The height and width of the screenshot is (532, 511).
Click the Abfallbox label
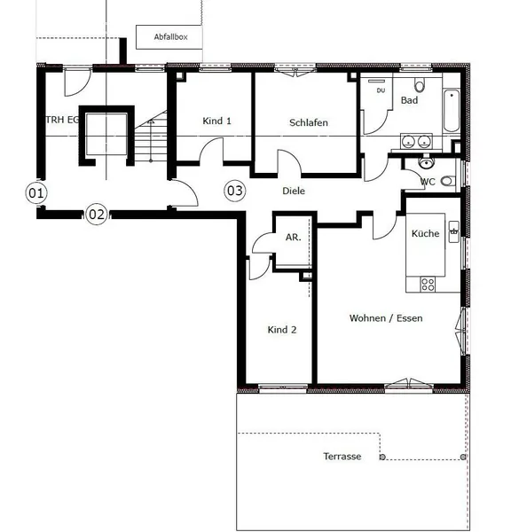click(171, 36)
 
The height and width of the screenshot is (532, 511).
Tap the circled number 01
click(36, 192)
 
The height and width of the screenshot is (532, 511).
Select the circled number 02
click(97, 214)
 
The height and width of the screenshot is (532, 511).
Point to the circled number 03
click(234, 191)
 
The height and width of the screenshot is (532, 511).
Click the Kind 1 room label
click(216, 121)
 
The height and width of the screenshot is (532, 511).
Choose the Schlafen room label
click(309, 122)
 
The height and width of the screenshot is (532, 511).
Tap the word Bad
click(409, 100)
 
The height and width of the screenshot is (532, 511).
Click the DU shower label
click(381, 90)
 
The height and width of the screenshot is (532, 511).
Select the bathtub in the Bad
click(452, 111)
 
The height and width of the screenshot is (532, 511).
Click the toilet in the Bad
click(420, 85)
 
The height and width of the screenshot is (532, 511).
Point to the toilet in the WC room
click(448, 181)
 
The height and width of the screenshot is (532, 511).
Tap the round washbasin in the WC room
click(426, 163)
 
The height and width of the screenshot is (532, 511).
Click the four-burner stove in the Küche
click(428, 284)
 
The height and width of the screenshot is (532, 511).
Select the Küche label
click(425, 233)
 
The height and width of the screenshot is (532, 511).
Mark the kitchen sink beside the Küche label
click(454, 231)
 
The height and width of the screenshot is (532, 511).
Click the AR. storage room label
click(294, 237)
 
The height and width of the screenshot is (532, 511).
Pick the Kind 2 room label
click(282, 330)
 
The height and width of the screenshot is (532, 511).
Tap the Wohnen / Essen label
click(386, 318)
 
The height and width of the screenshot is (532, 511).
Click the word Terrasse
click(342, 457)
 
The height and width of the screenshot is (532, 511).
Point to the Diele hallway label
click(294, 191)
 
